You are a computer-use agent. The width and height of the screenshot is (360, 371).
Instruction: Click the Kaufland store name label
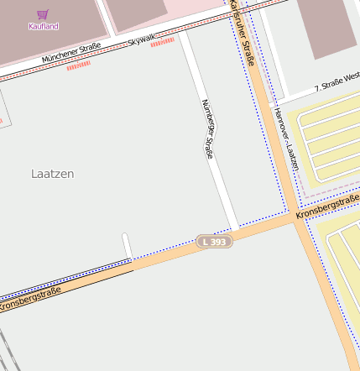tap(44, 27)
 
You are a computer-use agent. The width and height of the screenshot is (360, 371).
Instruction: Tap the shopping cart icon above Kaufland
tap(43, 14)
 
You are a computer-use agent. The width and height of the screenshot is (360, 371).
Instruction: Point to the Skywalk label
tap(142, 39)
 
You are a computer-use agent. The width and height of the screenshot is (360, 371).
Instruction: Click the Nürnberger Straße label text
tap(209, 128)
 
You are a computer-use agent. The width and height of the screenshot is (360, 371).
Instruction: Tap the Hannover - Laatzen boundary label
tap(286, 139)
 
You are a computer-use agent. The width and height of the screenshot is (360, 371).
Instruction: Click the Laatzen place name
tap(52, 174)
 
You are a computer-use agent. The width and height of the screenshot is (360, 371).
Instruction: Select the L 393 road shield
tap(214, 242)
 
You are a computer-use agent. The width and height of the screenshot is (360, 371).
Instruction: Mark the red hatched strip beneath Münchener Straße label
tap(78, 65)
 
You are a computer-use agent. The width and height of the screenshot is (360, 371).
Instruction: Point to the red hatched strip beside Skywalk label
tap(163, 41)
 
